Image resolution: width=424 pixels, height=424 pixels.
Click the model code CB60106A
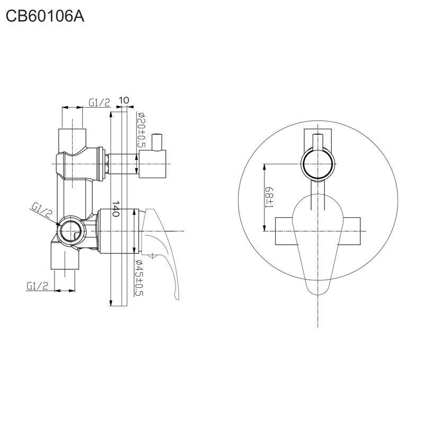(45, 16)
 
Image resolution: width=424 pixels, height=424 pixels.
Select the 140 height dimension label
(116, 209)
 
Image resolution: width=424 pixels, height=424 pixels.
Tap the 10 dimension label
(124, 100)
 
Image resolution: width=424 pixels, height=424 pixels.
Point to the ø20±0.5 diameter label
(141, 130)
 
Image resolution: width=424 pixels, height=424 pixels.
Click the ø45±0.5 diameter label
(139, 278)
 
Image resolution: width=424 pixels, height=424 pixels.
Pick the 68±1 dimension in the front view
(269, 197)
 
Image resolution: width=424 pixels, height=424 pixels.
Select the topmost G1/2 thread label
(100, 103)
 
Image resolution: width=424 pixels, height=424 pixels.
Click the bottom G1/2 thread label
(37, 286)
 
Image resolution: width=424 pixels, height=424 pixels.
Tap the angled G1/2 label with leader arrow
(41, 210)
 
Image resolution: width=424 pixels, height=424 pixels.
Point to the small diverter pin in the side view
(157, 142)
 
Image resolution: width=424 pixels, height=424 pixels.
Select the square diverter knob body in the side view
(152, 164)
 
